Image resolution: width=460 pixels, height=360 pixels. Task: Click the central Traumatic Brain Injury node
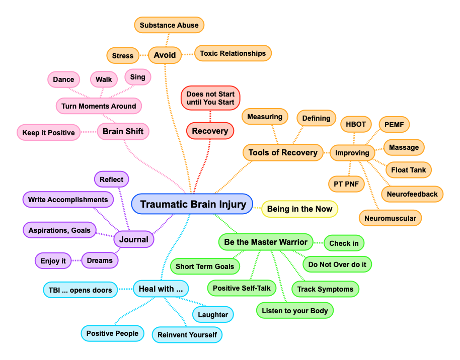pyautogui.click(x=192, y=204)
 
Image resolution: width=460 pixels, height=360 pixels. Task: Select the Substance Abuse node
pyautogui.click(x=169, y=25)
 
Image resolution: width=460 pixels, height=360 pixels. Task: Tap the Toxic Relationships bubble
pyautogui.click(x=233, y=53)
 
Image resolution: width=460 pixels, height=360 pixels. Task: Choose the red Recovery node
pyautogui.click(x=210, y=131)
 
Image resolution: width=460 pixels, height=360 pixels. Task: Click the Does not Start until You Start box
pyautogui.click(x=210, y=98)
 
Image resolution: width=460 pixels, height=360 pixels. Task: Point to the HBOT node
pyautogui.click(x=356, y=124)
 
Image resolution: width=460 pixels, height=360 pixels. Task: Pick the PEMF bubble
pyautogui.click(x=394, y=124)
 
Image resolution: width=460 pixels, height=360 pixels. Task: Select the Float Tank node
pyautogui.click(x=408, y=170)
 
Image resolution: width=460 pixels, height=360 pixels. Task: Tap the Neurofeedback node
pyautogui.click(x=412, y=194)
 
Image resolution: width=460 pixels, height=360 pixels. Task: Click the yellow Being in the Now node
pyautogui.click(x=299, y=209)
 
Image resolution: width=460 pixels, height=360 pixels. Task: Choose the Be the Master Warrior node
pyautogui.click(x=266, y=242)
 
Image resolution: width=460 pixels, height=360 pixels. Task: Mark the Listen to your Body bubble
pyautogui.click(x=294, y=311)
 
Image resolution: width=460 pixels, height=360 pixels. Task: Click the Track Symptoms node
pyautogui.click(x=326, y=289)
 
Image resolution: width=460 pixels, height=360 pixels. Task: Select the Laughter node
pyautogui.click(x=213, y=315)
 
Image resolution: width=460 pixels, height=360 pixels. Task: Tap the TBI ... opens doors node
pyautogui.click(x=80, y=290)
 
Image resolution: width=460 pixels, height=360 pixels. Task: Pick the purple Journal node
pyautogui.click(x=133, y=239)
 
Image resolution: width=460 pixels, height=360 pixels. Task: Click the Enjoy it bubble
pyautogui.click(x=53, y=261)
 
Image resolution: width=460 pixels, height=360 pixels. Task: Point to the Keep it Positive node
pyautogui.click(x=48, y=133)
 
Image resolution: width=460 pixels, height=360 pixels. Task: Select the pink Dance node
pyautogui.click(x=63, y=79)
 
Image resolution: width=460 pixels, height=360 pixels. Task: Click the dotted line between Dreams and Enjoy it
pyautogui.click(x=76, y=261)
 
